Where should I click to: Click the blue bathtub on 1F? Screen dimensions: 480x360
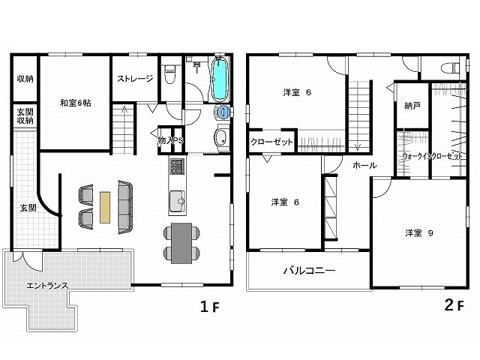(219, 79)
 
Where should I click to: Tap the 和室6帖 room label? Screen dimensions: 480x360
(75, 103)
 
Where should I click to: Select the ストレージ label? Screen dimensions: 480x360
(135, 79)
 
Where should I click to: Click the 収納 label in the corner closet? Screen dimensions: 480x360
(25, 79)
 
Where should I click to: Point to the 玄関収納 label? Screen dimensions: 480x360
(25, 115)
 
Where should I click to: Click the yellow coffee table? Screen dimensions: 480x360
(105, 207)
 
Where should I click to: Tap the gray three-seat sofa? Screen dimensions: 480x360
(125, 207)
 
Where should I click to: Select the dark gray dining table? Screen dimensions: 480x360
(181, 243)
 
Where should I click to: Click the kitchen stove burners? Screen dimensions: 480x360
(177, 166)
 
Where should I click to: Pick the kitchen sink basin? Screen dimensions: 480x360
(177, 201)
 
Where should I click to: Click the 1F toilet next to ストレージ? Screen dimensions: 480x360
(169, 74)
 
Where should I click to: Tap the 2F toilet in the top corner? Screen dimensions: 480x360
(451, 67)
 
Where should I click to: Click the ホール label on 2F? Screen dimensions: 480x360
(364, 166)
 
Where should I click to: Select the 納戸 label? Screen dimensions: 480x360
(412, 106)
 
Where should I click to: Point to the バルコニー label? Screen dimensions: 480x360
(309, 271)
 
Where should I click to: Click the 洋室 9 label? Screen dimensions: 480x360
(419, 233)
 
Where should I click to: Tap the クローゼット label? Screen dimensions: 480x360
(271, 142)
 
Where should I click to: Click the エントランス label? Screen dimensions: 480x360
(47, 286)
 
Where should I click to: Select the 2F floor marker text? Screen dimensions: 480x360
(454, 305)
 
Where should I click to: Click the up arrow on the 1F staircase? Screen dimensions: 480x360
(124, 110)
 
